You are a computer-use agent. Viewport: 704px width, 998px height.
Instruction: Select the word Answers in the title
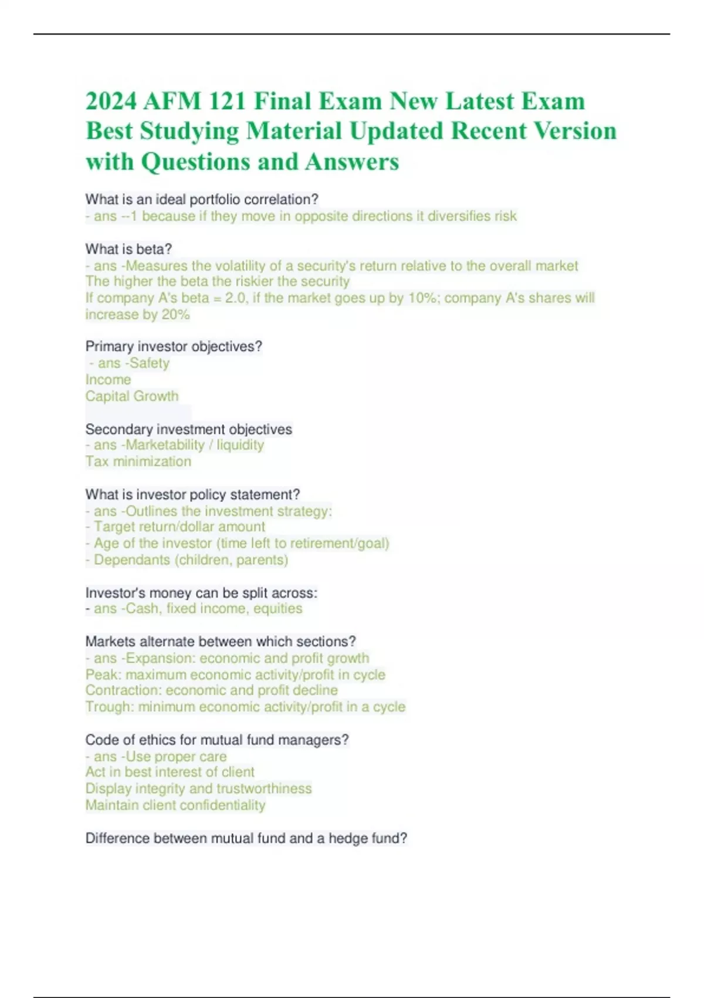click(x=352, y=161)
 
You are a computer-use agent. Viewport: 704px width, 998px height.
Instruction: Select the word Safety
click(x=149, y=363)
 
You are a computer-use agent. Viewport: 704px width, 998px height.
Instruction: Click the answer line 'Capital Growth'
click(x=132, y=396)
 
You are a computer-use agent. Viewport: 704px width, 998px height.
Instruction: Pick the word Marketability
click(x=165, y=445)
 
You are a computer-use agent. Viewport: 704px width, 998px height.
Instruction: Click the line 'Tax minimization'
click(x=138, y=461)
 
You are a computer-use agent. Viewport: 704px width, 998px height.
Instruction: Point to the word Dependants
click(x=132, y=559)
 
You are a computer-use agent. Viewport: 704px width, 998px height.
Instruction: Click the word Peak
click(x=102, y=675)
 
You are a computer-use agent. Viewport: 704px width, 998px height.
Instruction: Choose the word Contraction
click(x=123, y=690)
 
